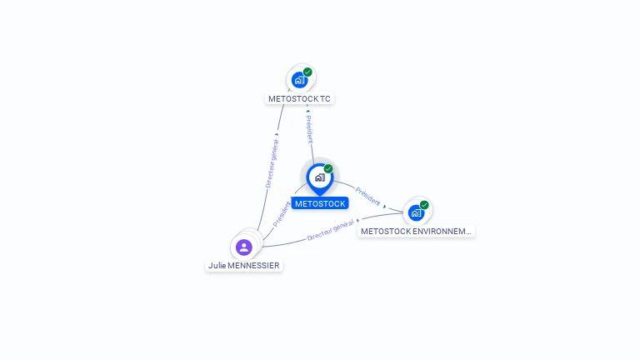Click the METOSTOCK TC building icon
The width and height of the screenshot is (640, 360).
[x=299, y=80]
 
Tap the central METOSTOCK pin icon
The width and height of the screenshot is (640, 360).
[x=319, y=177]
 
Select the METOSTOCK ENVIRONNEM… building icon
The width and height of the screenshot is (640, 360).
[x=416, y=212]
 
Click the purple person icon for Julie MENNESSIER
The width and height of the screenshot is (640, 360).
[x=243, y=247]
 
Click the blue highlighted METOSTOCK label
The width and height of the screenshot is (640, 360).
[x=320, y=203]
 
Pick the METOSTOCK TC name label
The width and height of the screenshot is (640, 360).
[x=299, y=98]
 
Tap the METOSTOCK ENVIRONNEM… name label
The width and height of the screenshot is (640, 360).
[x=417, y=231]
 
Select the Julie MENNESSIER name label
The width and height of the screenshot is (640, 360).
[x=244, y=265]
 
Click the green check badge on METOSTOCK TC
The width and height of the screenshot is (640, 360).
[x=307, y=72]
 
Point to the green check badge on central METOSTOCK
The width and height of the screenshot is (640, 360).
[x=328, y=169]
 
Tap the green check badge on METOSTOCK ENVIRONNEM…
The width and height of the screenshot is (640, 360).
[x=424, y=205]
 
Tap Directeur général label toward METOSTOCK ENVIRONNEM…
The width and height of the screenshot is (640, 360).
[x=330, y=230]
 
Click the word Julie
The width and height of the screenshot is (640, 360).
[x=217, y=265]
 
